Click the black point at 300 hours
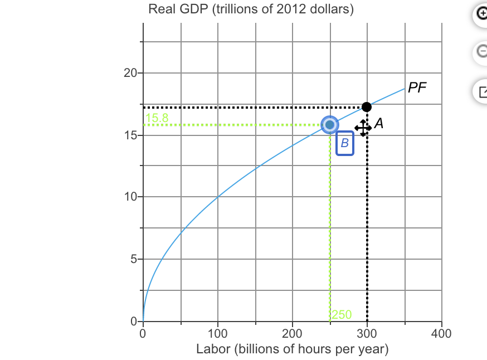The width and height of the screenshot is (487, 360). coord(367,106)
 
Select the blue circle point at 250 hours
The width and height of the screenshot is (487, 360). coord(330,124)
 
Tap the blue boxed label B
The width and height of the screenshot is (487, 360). coord(345,143)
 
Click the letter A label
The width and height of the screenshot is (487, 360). coord(379,123)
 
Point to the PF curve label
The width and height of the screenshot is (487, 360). coord(416,88)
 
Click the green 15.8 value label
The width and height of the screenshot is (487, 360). coord(157,118)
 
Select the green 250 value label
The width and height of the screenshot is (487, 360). coord(342,315)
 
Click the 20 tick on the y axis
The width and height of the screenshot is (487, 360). coord(130,73)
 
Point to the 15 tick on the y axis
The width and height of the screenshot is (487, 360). coord(130,135)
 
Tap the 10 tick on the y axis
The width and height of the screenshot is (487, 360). coord(130,197)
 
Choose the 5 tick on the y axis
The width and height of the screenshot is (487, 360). coord(133,260)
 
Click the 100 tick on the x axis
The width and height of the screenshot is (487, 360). coord(218,334)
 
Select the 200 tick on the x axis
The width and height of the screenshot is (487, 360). coord(293,334)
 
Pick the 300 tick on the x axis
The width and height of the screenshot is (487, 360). coord(367,334)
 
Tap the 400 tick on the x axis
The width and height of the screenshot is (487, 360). coord(441,334)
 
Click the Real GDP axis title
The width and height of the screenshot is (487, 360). coord(251,10)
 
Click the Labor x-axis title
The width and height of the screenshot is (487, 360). coord(292,350)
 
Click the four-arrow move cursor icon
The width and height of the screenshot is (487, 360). coord(363,128)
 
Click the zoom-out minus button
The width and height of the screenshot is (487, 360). coord(481,52)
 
